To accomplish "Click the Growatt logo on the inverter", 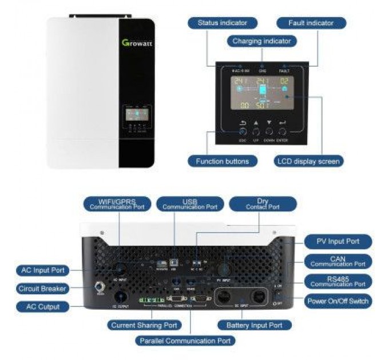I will [x=137, y=43].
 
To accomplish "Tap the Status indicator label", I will [x=223, y=23].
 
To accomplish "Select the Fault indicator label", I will [x=311, y=23].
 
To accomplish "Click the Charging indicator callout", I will [x=261, y=41].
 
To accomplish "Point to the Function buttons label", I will [x=222, y=161].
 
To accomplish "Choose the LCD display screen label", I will [x=309, y=161].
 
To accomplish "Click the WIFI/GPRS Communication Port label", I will [x=117, y=204].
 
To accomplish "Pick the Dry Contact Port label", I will [x=263, y=204].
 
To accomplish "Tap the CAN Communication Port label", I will [x=338, y=261].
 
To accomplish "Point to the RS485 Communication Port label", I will [x=338, y=281].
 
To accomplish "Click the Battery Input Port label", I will [x=251, y=325].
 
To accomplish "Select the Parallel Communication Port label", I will [x=185, y=341].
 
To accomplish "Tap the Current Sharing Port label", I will [x=144, y=325].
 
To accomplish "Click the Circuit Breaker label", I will [x=42, y=289].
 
